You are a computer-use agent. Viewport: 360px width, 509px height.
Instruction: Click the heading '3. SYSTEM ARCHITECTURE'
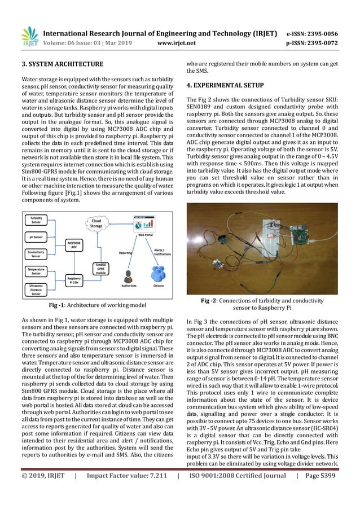[x=62, y=64]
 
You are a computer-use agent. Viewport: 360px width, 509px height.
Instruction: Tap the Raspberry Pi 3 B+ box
[x=73, y=280]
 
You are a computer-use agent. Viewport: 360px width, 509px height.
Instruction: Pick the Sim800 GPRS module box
[x=99, y=268]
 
